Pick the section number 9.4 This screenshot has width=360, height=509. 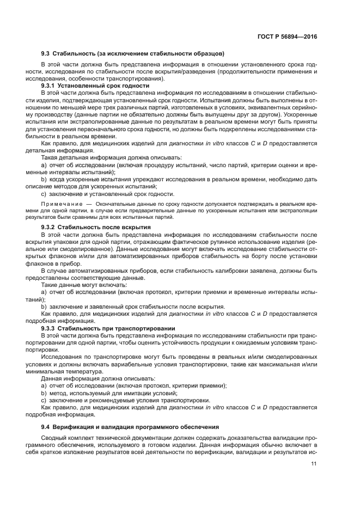[46, 427]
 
